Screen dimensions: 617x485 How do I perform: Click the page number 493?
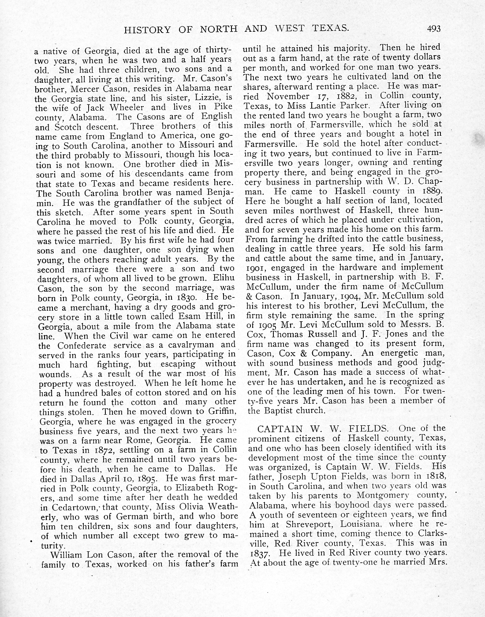pyautogui.click(x=433, y=29)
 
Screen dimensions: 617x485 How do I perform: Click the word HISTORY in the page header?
pyautogui.click(x=147, y=30)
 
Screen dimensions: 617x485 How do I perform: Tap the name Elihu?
pyautogui.click(x=223, y=278)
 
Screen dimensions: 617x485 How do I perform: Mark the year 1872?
pyautogui.click(x=104, y=450)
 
